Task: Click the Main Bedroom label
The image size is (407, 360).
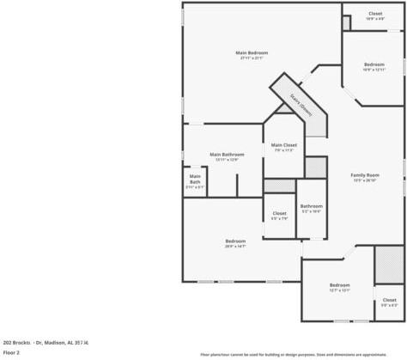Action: pyautogui.click(x=252, y=53)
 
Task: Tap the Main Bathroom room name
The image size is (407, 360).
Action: pyautogui.click(x=227, y=155)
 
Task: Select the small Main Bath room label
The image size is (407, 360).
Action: pyautogui.click(x=195, y=180)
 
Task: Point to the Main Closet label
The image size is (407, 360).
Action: pyautogui.click(x=283, y=145)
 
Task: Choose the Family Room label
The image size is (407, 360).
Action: pyautogui.click(x=365, y=175)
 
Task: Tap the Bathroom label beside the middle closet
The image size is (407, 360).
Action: pyautogui.click(x=311, y=206)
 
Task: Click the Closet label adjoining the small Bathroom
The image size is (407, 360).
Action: pyautogui.click(x=279, y=213)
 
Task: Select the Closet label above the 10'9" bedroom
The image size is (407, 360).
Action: pyautogui.click(x=375, y=14)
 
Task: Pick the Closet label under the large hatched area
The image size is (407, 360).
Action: pyautogui.click(x=389, y=300)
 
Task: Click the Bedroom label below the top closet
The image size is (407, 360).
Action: pyautogui.click(x=374, y=64)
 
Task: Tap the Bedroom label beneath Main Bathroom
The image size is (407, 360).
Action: pyautogui.click(x=235, y=241)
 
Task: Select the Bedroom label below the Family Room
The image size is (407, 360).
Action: pyautogui.click(x=339, y=285)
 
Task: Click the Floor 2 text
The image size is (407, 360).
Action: pyautogui.click(x=11, y=352)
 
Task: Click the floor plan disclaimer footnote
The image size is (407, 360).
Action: pyautogui.click(x=293, y=354)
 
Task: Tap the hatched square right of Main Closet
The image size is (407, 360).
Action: pyautogui.click(x=316, y=167)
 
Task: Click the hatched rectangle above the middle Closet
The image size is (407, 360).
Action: pyautogui.click(x=279, y=186)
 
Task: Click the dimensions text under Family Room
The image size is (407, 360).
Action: pyautogui.click(x=365, y=181)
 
